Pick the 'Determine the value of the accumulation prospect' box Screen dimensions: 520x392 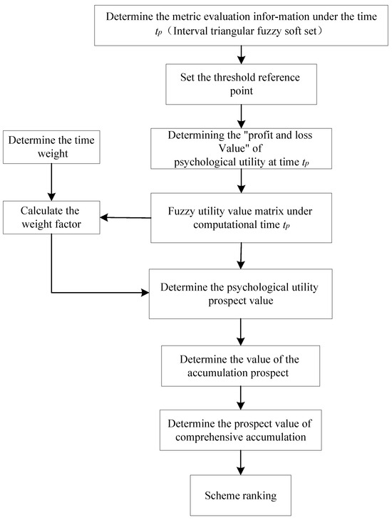pos(242,365)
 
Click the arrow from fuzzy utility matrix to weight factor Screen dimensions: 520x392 pos(126,217)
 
